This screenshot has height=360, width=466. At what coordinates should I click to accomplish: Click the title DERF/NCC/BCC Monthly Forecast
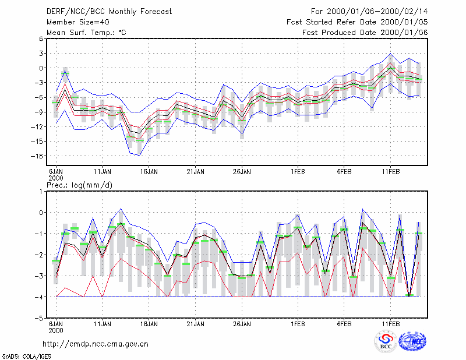click(109, 12)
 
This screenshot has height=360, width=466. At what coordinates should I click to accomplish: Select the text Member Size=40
click(78, 22)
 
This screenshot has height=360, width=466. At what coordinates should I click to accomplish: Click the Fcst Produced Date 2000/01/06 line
click(365, 33)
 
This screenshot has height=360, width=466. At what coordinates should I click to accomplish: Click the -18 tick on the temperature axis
click(37, 156)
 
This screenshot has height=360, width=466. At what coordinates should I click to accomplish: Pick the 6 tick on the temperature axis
click(41, 38)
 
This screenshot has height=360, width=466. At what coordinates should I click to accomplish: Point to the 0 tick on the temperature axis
click(41, 68)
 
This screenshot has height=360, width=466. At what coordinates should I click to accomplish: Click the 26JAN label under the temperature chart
click(242, 172)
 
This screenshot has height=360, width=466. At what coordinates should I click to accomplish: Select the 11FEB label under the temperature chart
click(390, 172)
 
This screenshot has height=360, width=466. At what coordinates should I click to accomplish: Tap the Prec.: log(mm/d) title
click(79, 185)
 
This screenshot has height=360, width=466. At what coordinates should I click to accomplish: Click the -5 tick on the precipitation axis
click(39, 318)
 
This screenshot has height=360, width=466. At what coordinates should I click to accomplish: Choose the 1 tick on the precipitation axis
click(41, 192)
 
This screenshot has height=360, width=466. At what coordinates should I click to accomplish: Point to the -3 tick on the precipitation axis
click(39, 276)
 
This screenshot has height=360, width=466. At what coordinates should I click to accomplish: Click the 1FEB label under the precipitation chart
click(298, 324)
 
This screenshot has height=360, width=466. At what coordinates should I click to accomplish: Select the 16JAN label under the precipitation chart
click(149, 324)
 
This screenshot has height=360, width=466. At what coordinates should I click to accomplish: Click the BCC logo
click(386, 341)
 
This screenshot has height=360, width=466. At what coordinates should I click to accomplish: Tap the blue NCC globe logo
click(412, 341)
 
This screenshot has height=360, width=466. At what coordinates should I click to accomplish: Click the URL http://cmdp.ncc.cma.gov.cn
click(96, 344)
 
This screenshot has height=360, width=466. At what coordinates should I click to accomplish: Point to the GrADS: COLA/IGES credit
click(26, 357)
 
